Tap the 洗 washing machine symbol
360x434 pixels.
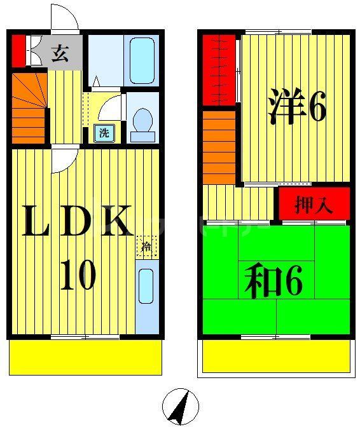[x=102, y=133]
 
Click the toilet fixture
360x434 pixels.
[x=142, y=123]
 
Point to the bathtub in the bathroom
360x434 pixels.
[x=142, y=60]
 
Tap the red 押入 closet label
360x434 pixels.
[x=314, y=205]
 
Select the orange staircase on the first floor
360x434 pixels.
[x=29, y=108]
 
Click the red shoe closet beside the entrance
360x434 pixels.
[x=18, y=51]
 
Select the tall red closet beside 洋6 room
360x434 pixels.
[x=219, y=70]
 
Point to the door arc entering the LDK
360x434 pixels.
[x=64, y=159]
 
